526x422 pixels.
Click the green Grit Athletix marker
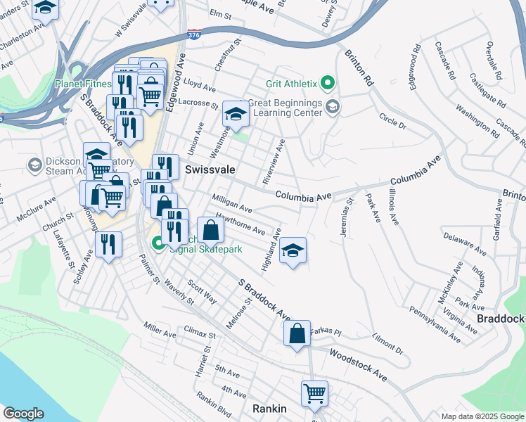pos(327,84)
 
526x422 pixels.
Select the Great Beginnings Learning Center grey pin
pos(333,107)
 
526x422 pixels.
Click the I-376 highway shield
pos(194,34)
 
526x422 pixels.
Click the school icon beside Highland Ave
pos(293,250)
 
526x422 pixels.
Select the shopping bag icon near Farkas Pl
pos(297,333)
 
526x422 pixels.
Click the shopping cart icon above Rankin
pos(314,392)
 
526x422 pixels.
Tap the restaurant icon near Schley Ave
pos(108,244)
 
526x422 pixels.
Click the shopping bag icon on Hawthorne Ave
pos(210,228)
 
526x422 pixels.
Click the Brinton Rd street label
pos(359,67)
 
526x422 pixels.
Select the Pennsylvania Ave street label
pos(435,324)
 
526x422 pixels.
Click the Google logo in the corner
pos(23,414)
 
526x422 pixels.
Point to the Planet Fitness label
pos(83,84)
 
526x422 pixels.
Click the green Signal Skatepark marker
pos(158,244)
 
